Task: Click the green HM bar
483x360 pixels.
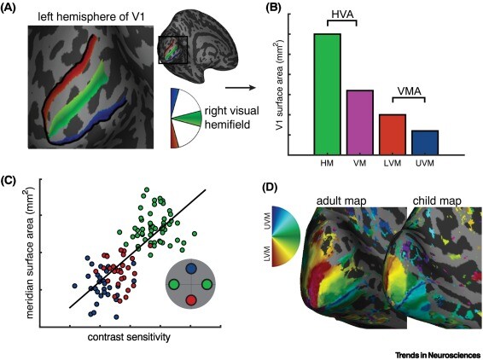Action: click(327, 94)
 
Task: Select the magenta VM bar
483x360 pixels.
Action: click(360, 122)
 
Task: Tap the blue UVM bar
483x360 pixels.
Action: click(425, 142)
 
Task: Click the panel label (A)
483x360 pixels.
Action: click(14, 11)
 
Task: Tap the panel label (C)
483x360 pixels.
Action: click(13, 182)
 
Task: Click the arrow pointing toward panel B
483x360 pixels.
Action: click(248, 86)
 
